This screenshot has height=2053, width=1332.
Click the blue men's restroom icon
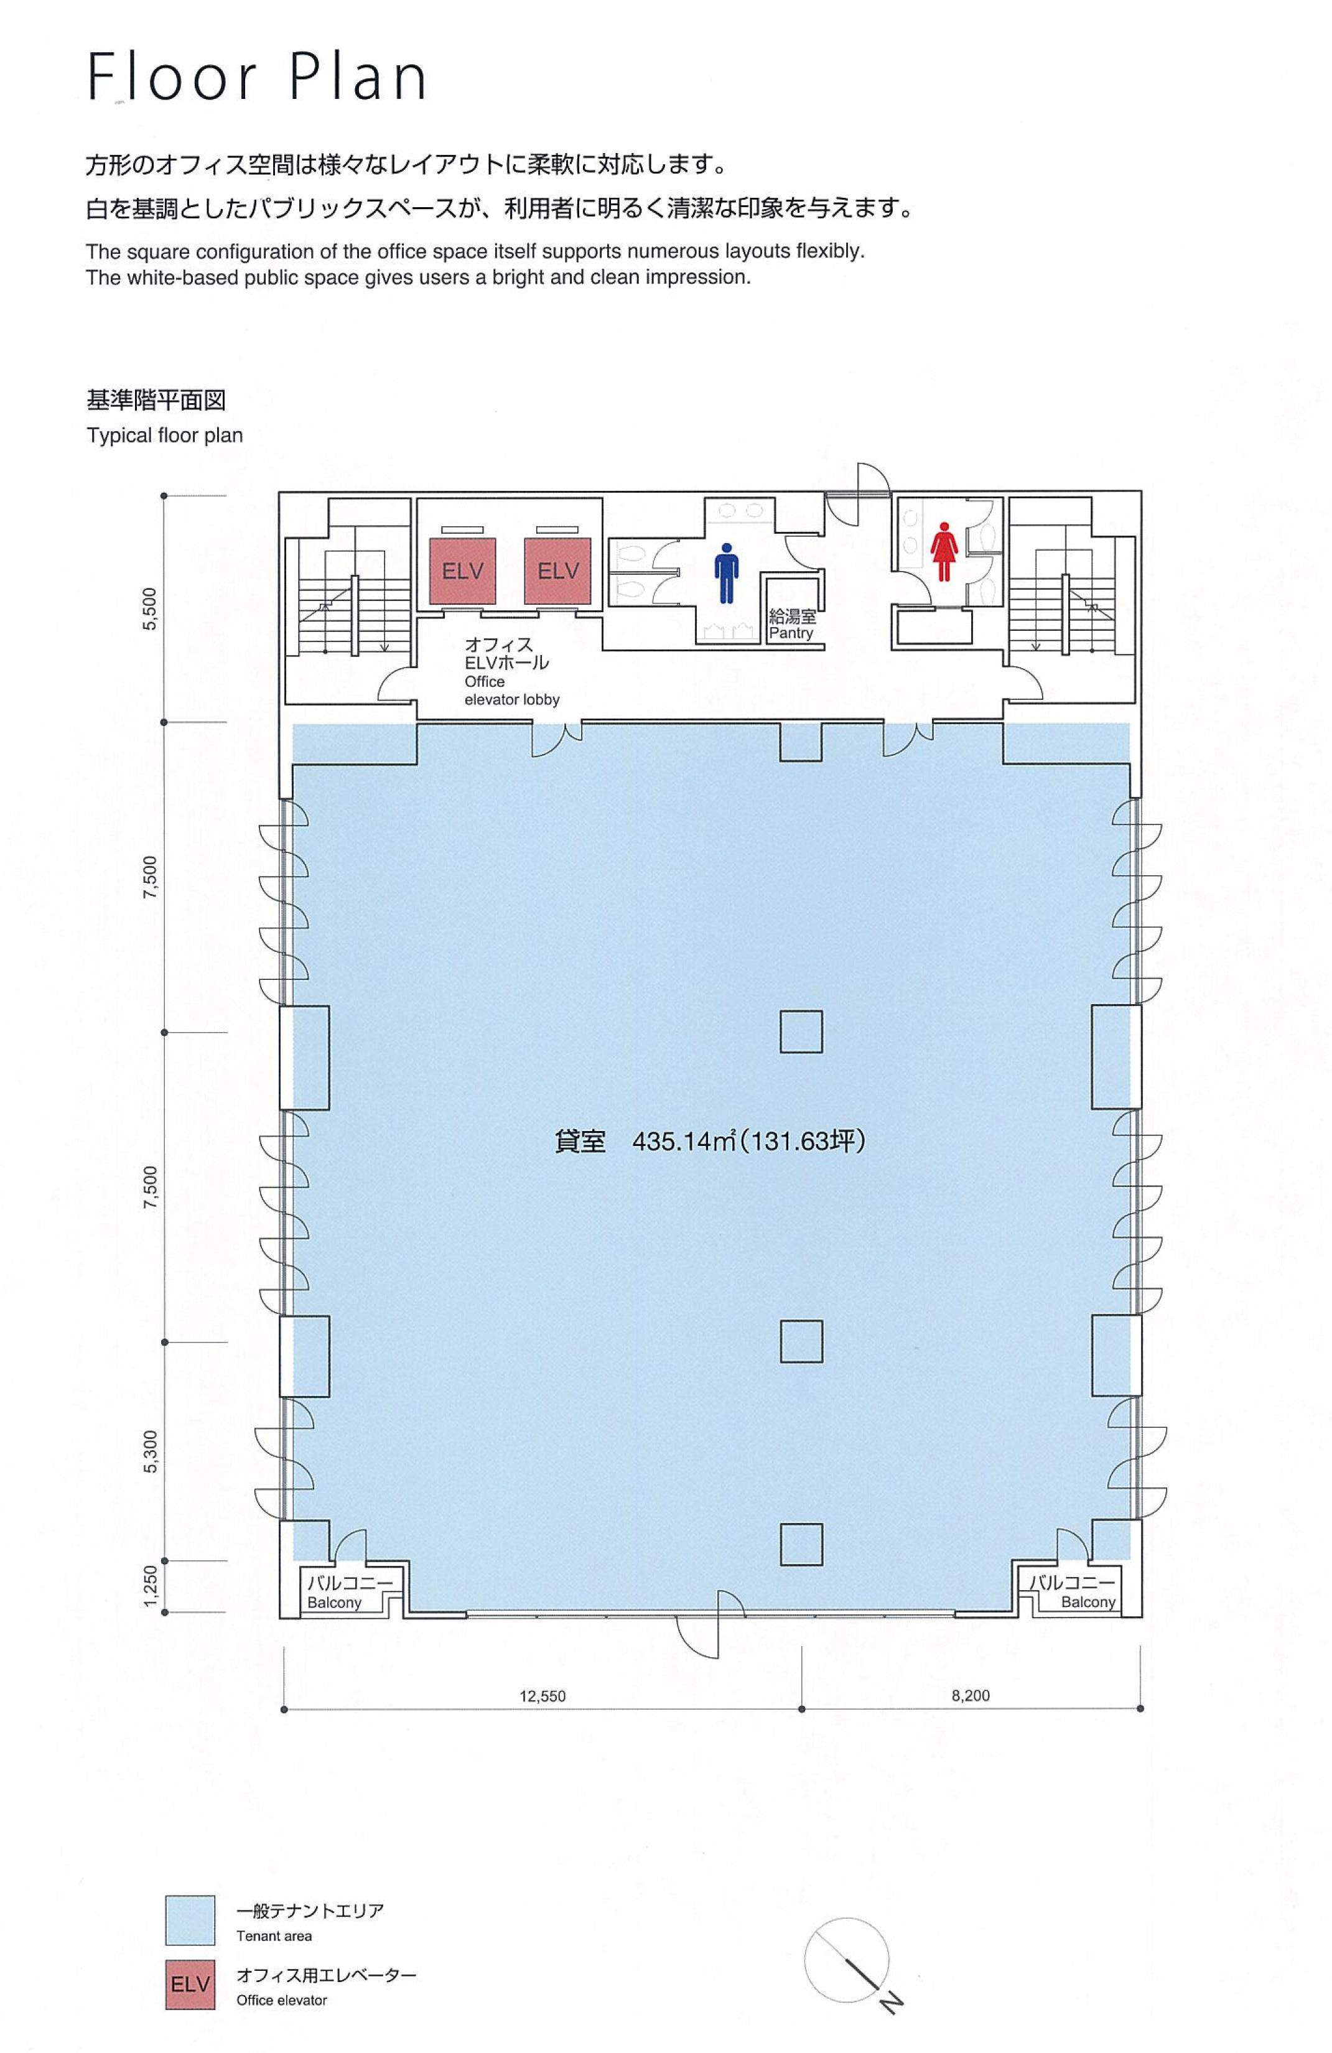[x=727, y=573]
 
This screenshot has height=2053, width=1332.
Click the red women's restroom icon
[x=944, y=552]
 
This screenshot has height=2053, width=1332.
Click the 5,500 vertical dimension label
[x=150, y=609]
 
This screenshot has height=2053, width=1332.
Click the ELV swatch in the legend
[x=190, y=1985]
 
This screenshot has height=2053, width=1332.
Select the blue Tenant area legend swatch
[x=190, y=1920]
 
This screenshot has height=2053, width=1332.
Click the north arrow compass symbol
[x=849, y=1962]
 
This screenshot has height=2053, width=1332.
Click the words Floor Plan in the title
[x=257, y=77]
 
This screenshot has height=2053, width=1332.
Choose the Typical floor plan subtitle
[x=165, y=435]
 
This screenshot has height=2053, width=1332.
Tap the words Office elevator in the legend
[x=281, y=2000]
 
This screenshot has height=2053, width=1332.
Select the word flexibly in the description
[x=830, y=252]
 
